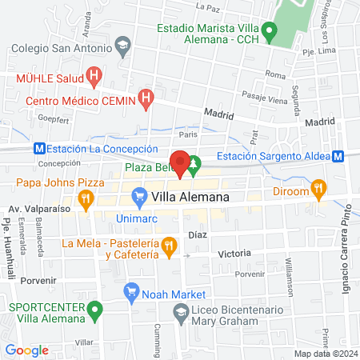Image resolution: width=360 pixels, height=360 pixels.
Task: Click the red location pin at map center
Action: (x=180, y=162)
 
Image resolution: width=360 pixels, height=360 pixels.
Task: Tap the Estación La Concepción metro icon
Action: (x=38, y=149)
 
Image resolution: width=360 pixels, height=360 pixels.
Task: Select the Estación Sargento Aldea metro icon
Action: (x=338, y=156)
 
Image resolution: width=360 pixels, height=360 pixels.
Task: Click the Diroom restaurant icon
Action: (x=319, y=190)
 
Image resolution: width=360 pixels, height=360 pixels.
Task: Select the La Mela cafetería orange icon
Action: (x=168, y=246)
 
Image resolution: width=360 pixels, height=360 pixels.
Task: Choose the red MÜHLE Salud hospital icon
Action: (x=94, y=78)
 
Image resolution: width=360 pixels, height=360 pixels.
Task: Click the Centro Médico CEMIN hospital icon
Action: (x=146, y=100)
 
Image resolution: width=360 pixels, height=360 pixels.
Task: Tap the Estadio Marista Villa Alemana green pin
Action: (x=270, y=34)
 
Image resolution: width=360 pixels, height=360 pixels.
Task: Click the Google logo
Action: (x=26, y=350)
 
